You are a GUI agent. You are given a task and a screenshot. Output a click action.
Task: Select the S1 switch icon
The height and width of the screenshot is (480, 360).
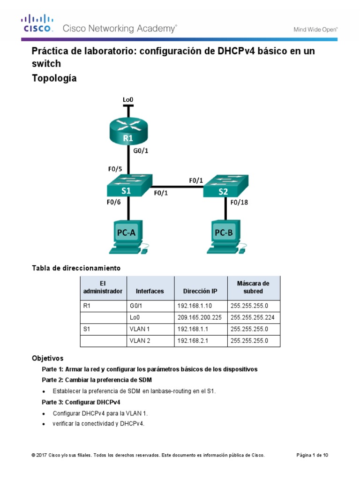[128, 186]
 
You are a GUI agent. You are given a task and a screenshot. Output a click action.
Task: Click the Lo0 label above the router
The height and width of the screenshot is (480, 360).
[128, 99]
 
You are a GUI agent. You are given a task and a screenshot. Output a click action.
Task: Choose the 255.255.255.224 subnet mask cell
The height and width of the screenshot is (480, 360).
[253, 318]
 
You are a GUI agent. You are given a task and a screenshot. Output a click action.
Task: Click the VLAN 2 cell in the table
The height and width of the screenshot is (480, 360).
[140, 341]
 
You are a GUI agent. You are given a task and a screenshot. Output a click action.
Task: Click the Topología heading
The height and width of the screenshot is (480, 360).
[54, 79]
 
